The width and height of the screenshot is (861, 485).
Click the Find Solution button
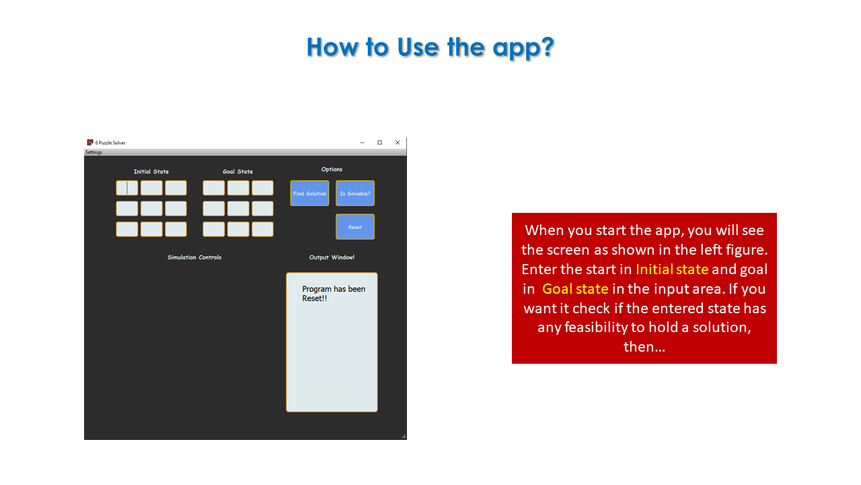(x=309, y=193)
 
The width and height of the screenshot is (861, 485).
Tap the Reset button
(x=355, y=227)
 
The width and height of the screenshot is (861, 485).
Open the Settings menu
(x=93, y=152)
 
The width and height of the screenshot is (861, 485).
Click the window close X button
(x=398, y=143)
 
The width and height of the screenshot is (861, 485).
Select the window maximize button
(x=379, y=143)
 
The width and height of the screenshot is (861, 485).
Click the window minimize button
(x=362, y=143)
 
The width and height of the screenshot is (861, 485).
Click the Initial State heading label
(x=151, y=172)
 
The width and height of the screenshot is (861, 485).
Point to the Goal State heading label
(x=238, y=172)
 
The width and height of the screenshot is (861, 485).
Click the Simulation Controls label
(x=194, y=257)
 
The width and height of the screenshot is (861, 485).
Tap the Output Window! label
(x=332, y=257)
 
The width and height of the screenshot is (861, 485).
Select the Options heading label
(x=332, y=169)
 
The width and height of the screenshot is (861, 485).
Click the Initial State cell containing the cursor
(x=127, y=188)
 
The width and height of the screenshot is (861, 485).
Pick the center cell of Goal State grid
(x=238, y=209)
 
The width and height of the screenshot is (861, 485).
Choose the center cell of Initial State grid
(x=151, y=209)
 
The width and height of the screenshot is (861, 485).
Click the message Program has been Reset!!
(x=334, y=294)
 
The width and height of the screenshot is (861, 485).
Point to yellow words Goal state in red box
(x=575, y=289)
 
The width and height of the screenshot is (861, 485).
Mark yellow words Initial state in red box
(x=672, y=269)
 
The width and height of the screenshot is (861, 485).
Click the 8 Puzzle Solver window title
(x=110, y=143)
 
